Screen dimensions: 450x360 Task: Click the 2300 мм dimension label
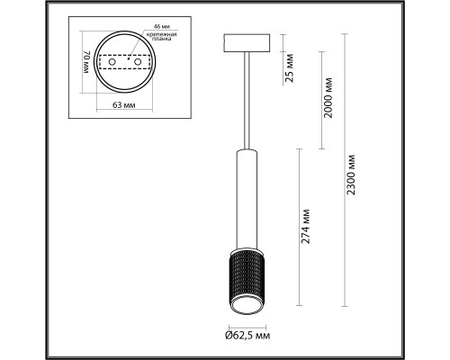pos(350,175)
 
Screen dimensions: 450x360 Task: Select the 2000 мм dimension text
pos(328,97)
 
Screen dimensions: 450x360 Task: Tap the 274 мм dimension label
pos(306,226)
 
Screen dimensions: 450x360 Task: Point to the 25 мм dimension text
pos(290,67)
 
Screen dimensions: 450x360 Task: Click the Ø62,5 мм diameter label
pos(247,335)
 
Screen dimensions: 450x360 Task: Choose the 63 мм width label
pos(123,105)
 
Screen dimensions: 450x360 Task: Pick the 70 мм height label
pos(86,62)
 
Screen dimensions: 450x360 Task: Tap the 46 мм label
pos(159,27)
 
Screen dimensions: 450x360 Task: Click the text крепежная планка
pos(161,37)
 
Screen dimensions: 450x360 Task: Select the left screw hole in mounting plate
pos(112,62)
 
